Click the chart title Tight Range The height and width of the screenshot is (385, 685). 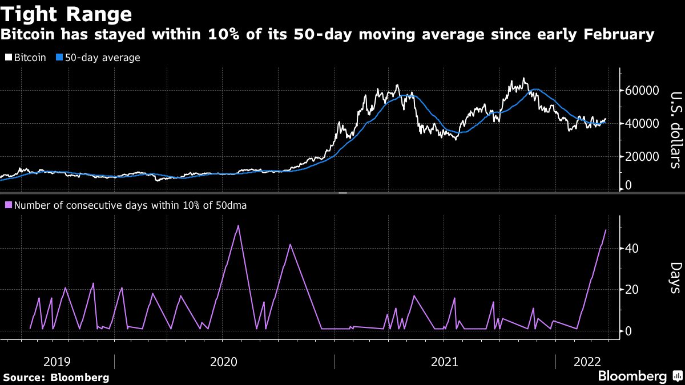click(x=67, y=13)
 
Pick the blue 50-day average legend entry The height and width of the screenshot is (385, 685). click(x=98, y=58)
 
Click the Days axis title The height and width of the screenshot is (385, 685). click(x=675, y=278)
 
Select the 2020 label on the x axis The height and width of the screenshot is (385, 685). click(x=224, y=361)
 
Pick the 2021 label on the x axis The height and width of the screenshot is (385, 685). click(x=445, y=361)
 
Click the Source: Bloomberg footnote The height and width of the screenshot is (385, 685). click(x=56, y=377)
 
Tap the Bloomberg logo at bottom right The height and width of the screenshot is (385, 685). click(x=639, y=376)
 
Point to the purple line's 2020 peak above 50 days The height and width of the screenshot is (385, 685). click(x=238, y=226)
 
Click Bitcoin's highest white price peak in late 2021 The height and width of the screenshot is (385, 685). click(x=523, y=79)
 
